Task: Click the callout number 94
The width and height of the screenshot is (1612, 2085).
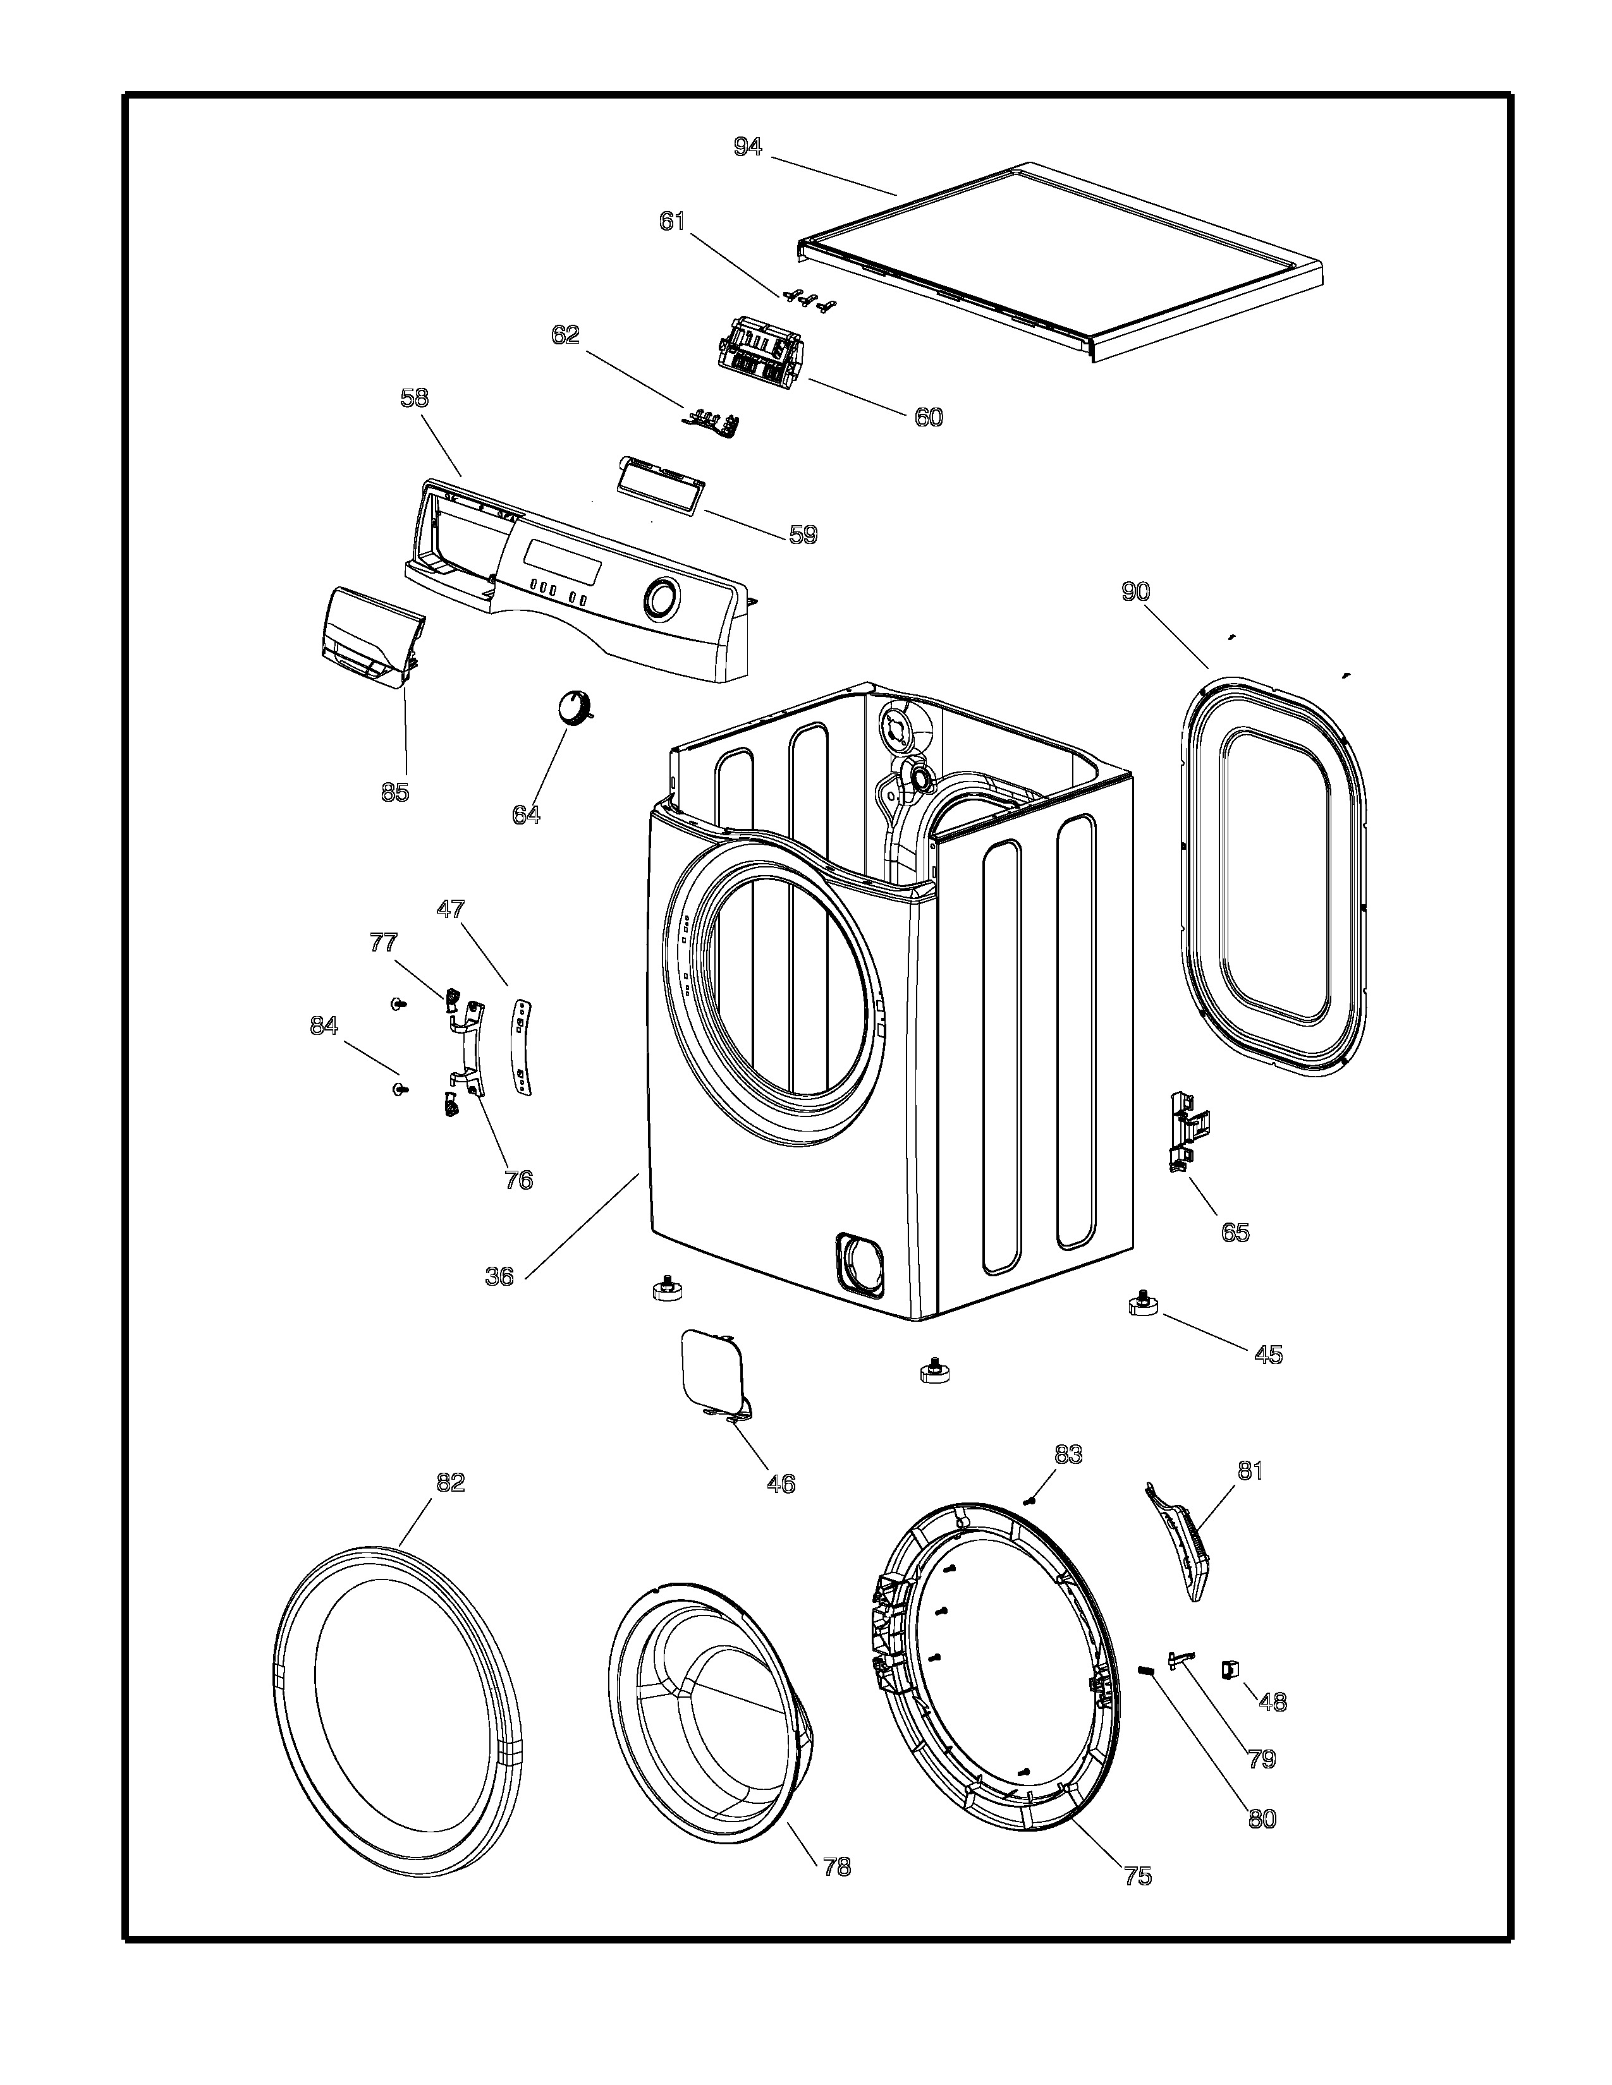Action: pyautogui.click(x=748, y=147)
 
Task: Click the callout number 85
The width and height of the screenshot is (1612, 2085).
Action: pyautogui.click(x=394, y=792)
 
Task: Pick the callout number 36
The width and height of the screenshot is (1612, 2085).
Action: pyautogui.click(x=499, y=1276)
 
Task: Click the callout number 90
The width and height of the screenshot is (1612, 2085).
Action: pyautogui.click(x=1135, y=592)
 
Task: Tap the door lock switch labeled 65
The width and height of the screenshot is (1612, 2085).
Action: pyautogui.click(x=1185, y=1132)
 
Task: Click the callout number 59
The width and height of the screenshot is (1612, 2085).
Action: pyautogui.click(x=803, y=535)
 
